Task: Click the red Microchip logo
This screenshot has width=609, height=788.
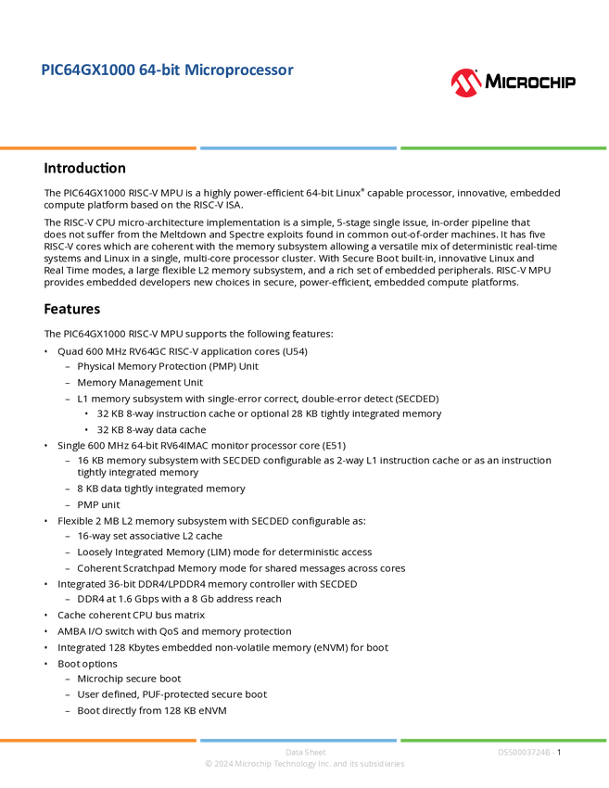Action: (466, 83)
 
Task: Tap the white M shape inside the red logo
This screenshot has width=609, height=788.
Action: (466, 85)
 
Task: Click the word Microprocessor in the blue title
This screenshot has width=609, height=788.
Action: (240, 70)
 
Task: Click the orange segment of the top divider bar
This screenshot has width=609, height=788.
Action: (98, 147)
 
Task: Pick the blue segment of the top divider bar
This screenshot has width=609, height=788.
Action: (298, 147)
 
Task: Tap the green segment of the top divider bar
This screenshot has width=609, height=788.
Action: (503, 147)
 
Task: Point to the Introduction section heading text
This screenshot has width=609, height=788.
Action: (86, 171)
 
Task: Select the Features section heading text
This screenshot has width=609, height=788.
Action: (73, 312)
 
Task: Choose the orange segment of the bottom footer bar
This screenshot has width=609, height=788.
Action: (98, 740)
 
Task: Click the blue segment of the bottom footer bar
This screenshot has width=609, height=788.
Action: (298, 740)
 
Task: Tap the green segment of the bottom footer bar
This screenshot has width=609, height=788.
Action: (503, 740)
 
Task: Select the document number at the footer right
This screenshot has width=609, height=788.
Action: (526, 752)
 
